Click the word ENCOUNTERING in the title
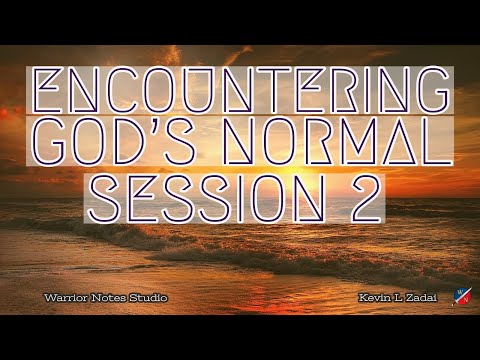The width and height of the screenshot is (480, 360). tap(240, 91)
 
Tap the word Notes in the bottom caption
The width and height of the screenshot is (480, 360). tap(103, 299)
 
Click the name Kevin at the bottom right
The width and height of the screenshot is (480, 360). tap(369, 299)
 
